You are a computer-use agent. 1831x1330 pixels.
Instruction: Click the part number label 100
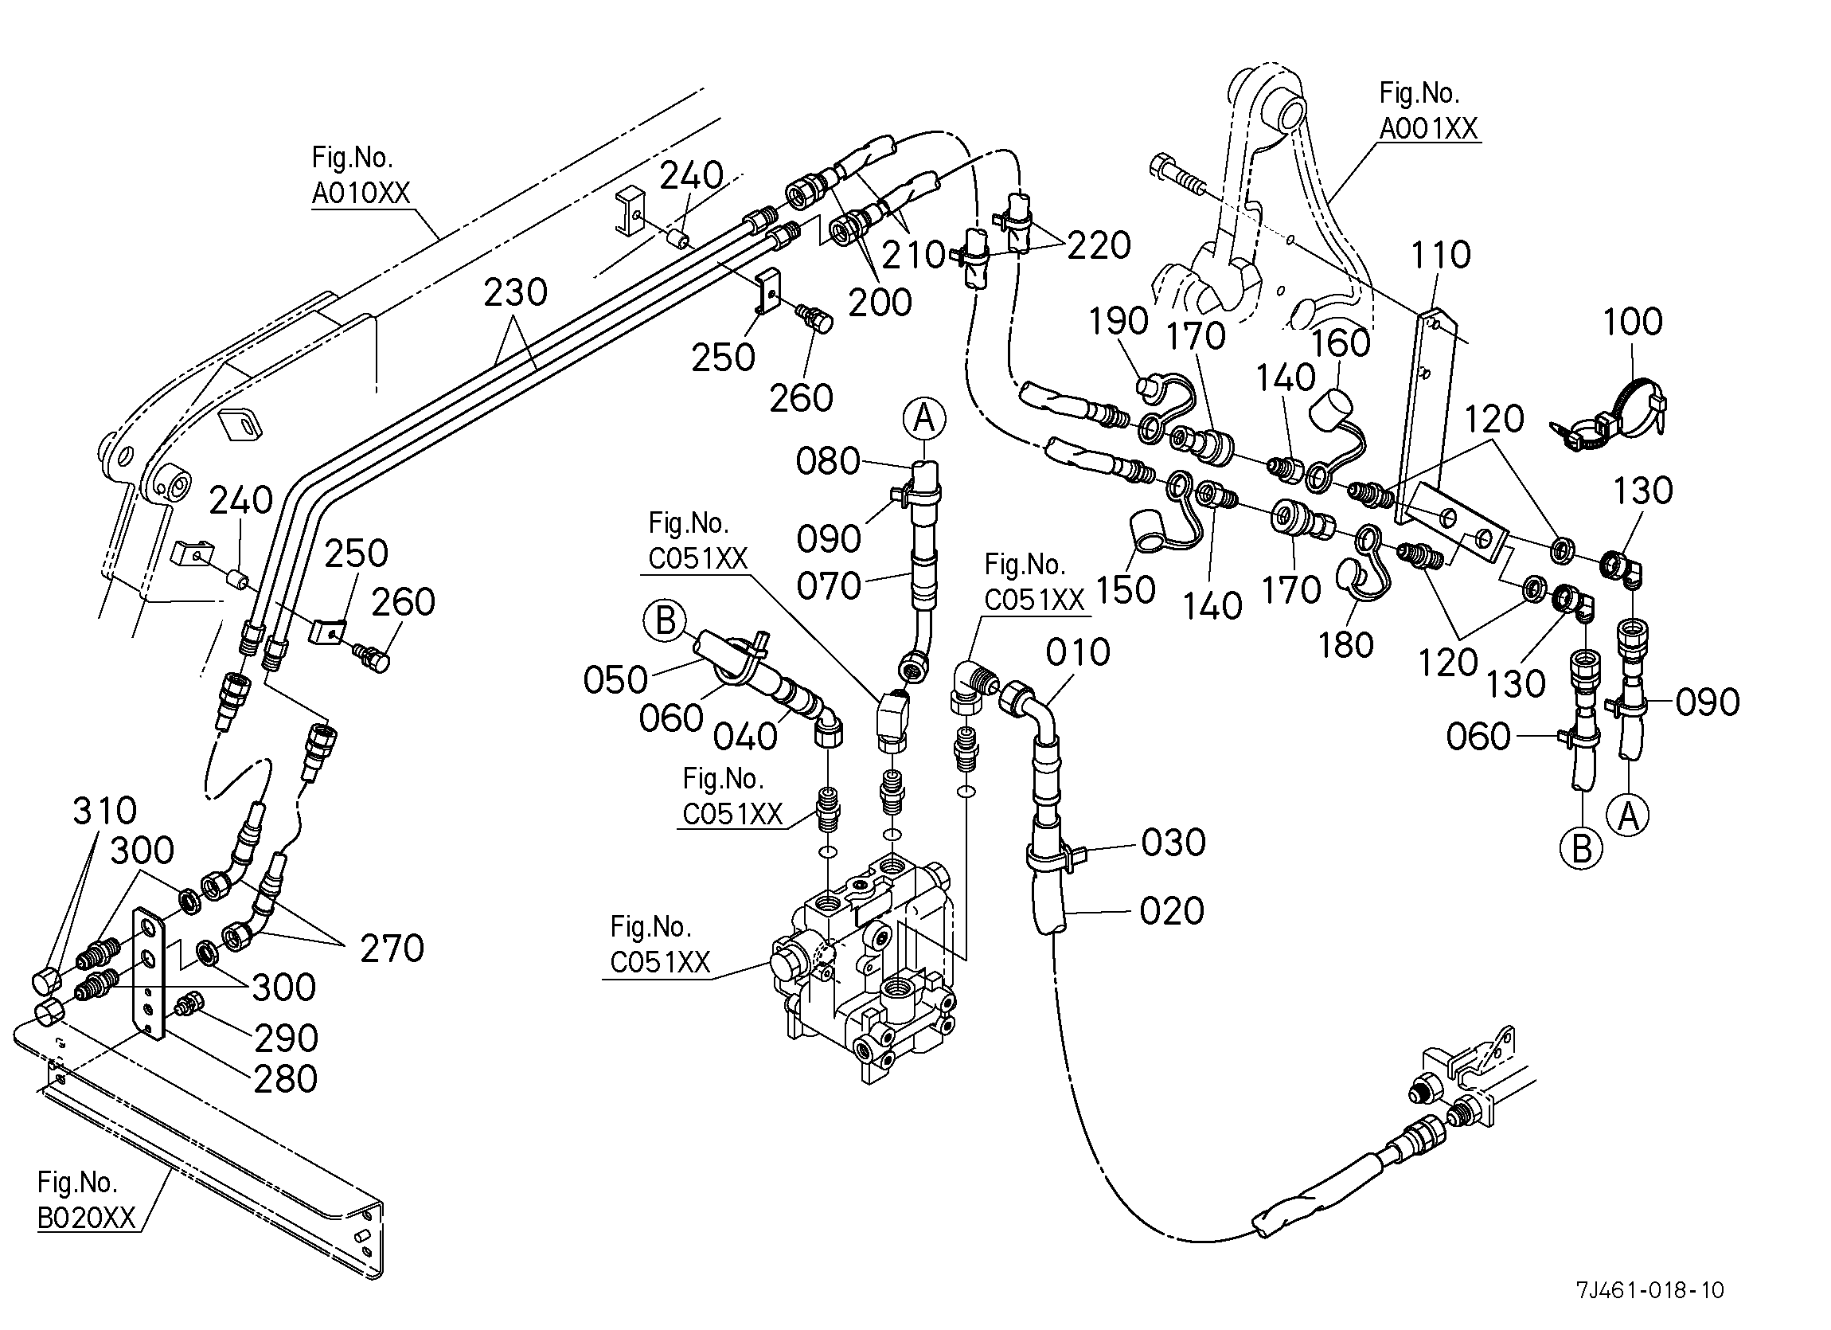[x=1632, y=323]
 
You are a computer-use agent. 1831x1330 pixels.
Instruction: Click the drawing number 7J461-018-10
[x=1649, y=1289]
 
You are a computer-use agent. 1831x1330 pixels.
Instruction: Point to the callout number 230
[x=515, y=292]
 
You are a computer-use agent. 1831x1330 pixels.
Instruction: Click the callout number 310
[x=105, y=811]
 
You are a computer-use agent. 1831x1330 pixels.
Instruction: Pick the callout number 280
[x=285, y=1079]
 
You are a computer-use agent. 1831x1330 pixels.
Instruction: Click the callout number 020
[x=1171, y=911]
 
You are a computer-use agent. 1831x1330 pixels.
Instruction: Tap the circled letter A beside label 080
[x=924, y=419]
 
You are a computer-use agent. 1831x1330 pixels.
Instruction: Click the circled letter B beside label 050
[x=665, y=621]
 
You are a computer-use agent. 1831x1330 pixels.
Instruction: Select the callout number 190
[x=1119, y=322]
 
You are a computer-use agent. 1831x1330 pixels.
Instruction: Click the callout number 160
[x=1340, y=343]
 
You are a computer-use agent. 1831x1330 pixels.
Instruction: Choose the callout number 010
[x=1078, y=651]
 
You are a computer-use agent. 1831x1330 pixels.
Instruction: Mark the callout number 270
[x=392, y=948]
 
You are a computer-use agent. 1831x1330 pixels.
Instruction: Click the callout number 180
[x=1346, y=645]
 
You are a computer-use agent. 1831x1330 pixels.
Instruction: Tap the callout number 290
[x=286, y=1039]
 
